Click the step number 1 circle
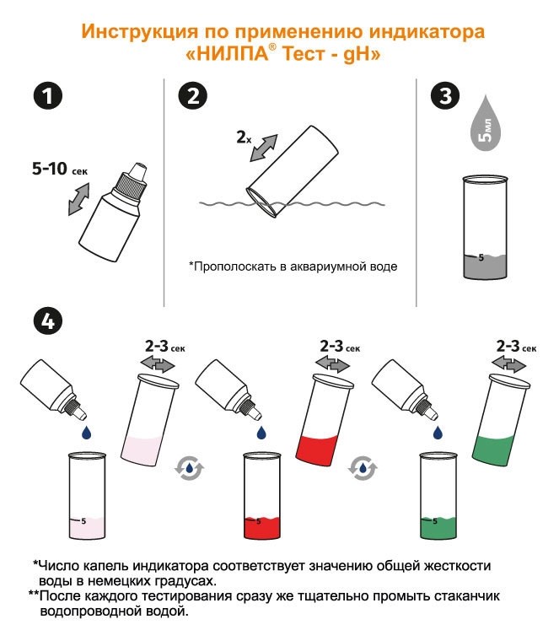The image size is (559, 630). point(48,96)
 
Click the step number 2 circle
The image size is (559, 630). point(193,96)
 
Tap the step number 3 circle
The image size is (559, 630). point(445,96)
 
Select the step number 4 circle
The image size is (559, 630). point(48,321)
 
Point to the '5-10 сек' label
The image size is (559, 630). point(59,169)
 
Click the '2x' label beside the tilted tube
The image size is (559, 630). point(244,137)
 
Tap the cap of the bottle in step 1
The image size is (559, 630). point(132,180)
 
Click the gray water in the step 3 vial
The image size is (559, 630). point(485,267)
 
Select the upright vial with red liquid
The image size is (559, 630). point(262,496)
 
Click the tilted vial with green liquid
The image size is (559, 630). point(501,420)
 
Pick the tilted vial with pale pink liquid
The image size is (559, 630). point(149,420)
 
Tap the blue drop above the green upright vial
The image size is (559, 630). point(438,433)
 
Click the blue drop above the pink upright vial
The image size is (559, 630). point(86,433)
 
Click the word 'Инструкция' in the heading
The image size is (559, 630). point(140,32)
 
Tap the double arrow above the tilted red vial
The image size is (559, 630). point(332,365)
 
